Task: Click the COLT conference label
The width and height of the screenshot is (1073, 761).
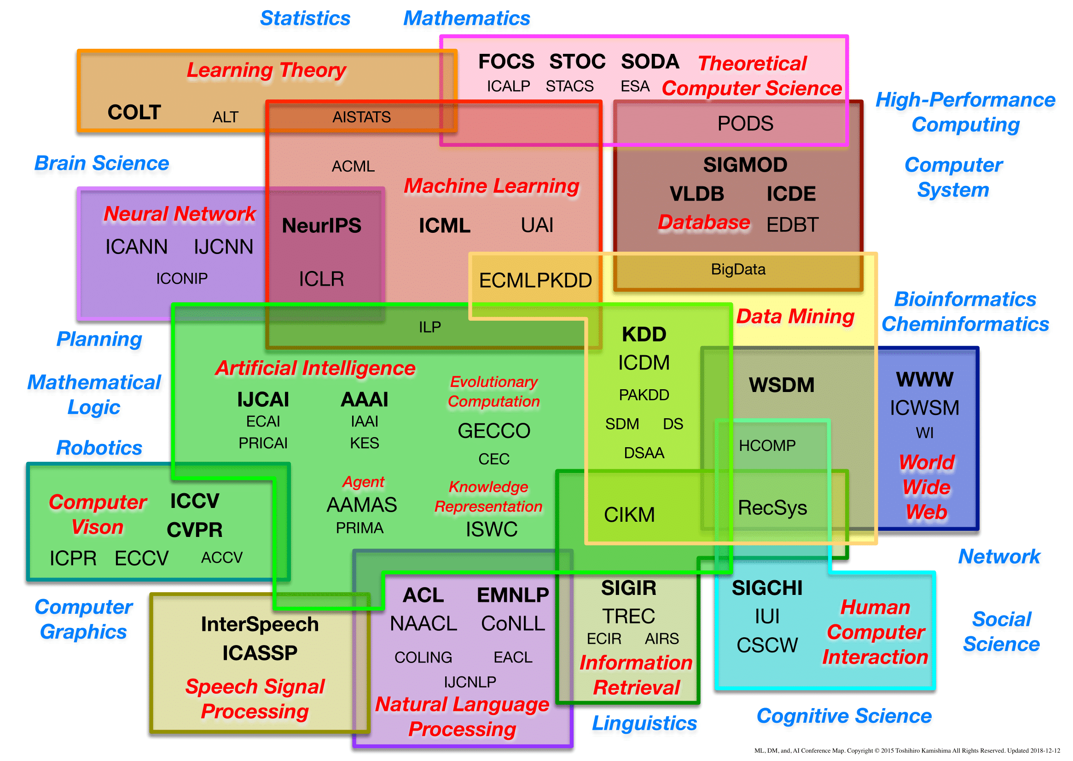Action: click(134, 112)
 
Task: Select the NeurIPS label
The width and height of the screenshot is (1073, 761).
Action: click(322, 226)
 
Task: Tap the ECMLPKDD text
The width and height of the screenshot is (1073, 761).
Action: click(535, 280)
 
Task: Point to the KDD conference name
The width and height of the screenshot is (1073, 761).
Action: click(644, 334)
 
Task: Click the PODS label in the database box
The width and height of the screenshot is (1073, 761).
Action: click(745, 124)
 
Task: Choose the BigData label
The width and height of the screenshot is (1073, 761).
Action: click(738, 270)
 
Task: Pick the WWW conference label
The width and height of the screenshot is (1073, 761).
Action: click(924, 380)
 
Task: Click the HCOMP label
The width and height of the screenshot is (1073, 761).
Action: click(767, 445)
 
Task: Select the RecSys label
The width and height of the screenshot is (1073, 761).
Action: click(772, 508)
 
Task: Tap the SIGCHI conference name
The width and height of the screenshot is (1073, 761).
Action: click(767, 588)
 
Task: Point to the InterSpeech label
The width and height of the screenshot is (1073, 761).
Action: click(260, 625)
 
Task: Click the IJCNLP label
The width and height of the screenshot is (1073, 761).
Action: click(470, 682)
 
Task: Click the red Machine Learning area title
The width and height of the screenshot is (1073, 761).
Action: click(492, 186)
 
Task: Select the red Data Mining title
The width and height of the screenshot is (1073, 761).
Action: click(795, 317)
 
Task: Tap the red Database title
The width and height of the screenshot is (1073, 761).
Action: click(704, 223)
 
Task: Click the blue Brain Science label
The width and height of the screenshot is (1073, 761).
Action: click(102, 163)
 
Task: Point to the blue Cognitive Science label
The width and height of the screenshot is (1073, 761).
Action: click(844, 716)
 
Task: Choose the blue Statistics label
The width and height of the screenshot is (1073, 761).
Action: click(305, 19)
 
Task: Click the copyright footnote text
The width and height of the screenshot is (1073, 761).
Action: click(907, 751)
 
